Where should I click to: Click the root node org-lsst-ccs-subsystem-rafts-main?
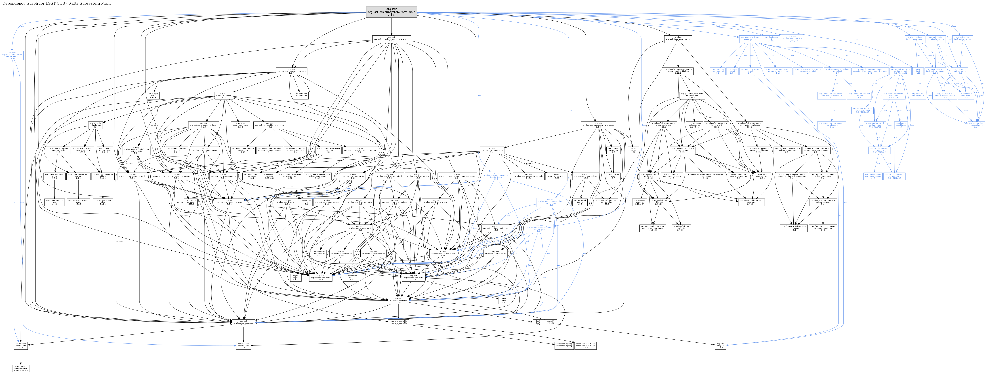point(391,12)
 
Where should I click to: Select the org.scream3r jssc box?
point(351,277)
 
